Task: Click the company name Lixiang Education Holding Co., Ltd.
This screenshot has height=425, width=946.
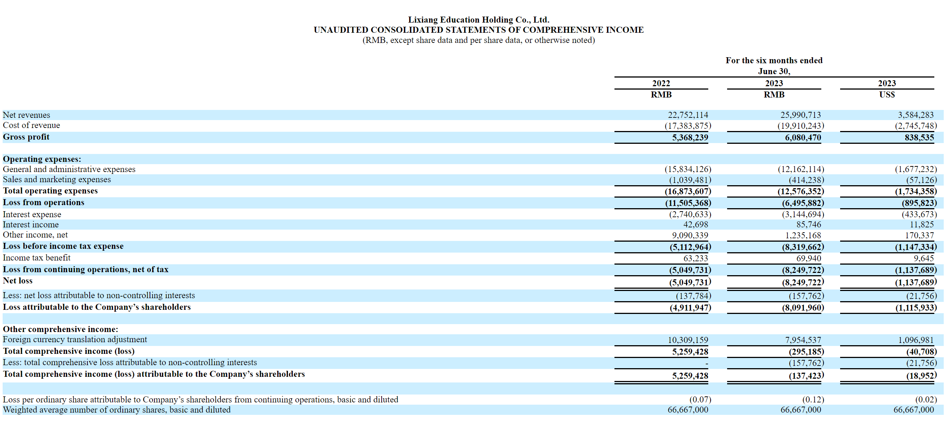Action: pyautogui.click(x=478, y=20)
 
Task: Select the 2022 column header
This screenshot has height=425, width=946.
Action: pyautogui.click(x=661, y=83)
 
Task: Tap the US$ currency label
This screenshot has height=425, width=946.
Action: pyautogui.click(x=887, y=94)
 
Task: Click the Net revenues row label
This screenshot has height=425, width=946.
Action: pyautogui.click(x=26, y=115)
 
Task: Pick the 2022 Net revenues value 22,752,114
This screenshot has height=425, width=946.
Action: pyautogui.click(x=688, y=115)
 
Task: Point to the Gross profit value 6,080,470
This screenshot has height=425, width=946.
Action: pyautogui.click(x=803, y=137)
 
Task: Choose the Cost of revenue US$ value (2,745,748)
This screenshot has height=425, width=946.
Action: pyautogui.click(x=916, y=126)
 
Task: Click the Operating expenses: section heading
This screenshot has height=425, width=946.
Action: pyautogui.click(x=42, y=159)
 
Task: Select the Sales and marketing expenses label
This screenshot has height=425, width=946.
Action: pyautogui.click(x=57, y=179)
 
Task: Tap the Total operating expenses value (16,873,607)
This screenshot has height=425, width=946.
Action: pyautogui.click(x=688, y=191)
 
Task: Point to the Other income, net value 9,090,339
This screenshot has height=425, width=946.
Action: pyautogui.click(x=690, y=235)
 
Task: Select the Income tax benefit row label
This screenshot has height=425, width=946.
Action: pyautogui.click(x=37, y=257)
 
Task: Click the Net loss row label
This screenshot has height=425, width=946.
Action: pyautogui.click(x=18, y=280)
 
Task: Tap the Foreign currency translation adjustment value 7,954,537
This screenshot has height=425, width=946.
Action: pyautogui.click(x=803, y=340)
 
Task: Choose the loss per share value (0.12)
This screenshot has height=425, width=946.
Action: pyautogui.click(x=813, y=399)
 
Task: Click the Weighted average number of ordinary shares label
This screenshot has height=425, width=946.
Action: pyautogui.click(x=116, y=410)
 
